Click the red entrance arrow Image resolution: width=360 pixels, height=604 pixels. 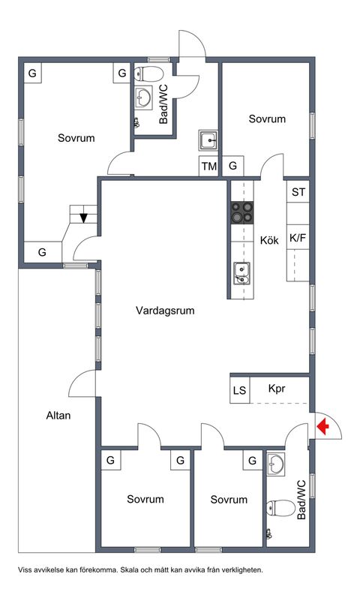pyautogui.click(x=322, y=427)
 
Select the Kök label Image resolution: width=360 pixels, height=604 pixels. pyautogui.click(x=269, y=241)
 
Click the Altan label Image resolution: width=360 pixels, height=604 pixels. pyautogui.click(x=58, y=415)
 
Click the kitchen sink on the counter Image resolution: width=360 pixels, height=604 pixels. pyautogui.click(x=240, y=272)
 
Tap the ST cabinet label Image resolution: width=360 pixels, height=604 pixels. pyautogui.click(x=298, y=191)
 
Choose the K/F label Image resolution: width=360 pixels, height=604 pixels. pyautogui.click(x=298, y=239)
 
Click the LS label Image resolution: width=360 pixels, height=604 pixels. pyautogui.click(x=240, y=390)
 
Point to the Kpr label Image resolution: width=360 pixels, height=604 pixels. pyautogui.click(x=278, y=389)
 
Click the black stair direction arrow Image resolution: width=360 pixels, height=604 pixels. pyautogui.click(x=83, y=218)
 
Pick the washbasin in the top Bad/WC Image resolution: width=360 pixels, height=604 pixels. pyautogui.click(x=145, y=97)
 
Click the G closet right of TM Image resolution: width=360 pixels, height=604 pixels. pyautogui.click(x=233, y=166)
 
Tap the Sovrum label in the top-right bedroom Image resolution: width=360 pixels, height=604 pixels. pyautogui.click(x=268, y=119)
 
